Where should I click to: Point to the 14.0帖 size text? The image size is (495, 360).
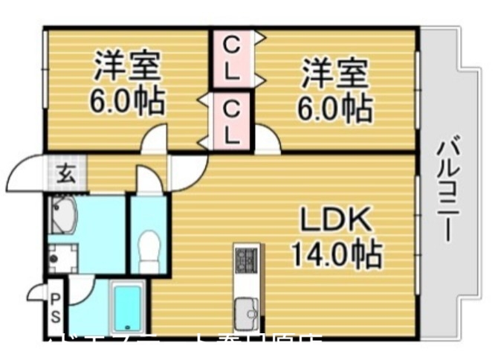point(336,254)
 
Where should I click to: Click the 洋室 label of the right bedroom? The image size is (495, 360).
point(335,74)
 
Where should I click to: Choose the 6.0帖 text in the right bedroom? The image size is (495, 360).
point(335,109)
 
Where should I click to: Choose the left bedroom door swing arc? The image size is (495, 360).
point(155,140)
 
